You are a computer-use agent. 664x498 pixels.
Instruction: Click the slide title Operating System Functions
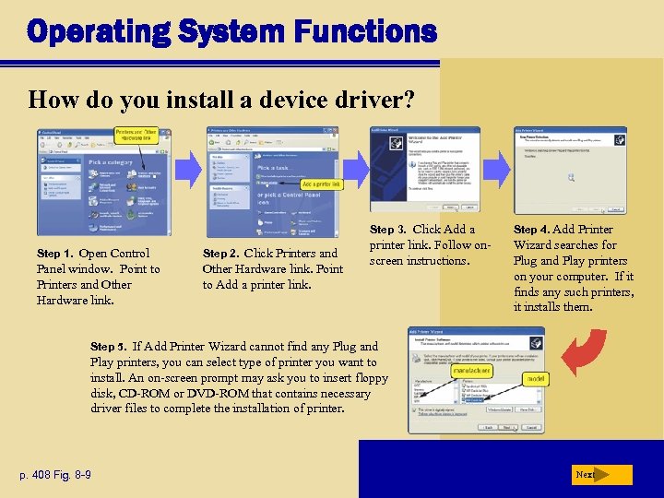click(x=231, y=32)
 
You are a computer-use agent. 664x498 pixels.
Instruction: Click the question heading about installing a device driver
click(x=221, y=98)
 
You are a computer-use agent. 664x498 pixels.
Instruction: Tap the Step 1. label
click(x=55, y=254)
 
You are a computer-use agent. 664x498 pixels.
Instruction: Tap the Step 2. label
click(x=221, y=254)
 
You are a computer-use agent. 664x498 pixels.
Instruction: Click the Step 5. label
click(x=109, y=347)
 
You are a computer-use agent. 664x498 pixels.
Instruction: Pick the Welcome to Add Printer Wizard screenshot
click(x=424, y=170)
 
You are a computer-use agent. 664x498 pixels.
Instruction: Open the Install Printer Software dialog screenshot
click(x=475, y=379)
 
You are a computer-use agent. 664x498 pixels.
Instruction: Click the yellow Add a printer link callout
click(x=321, y=184)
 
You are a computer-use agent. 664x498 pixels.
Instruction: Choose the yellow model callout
click(x=535, y=378)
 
